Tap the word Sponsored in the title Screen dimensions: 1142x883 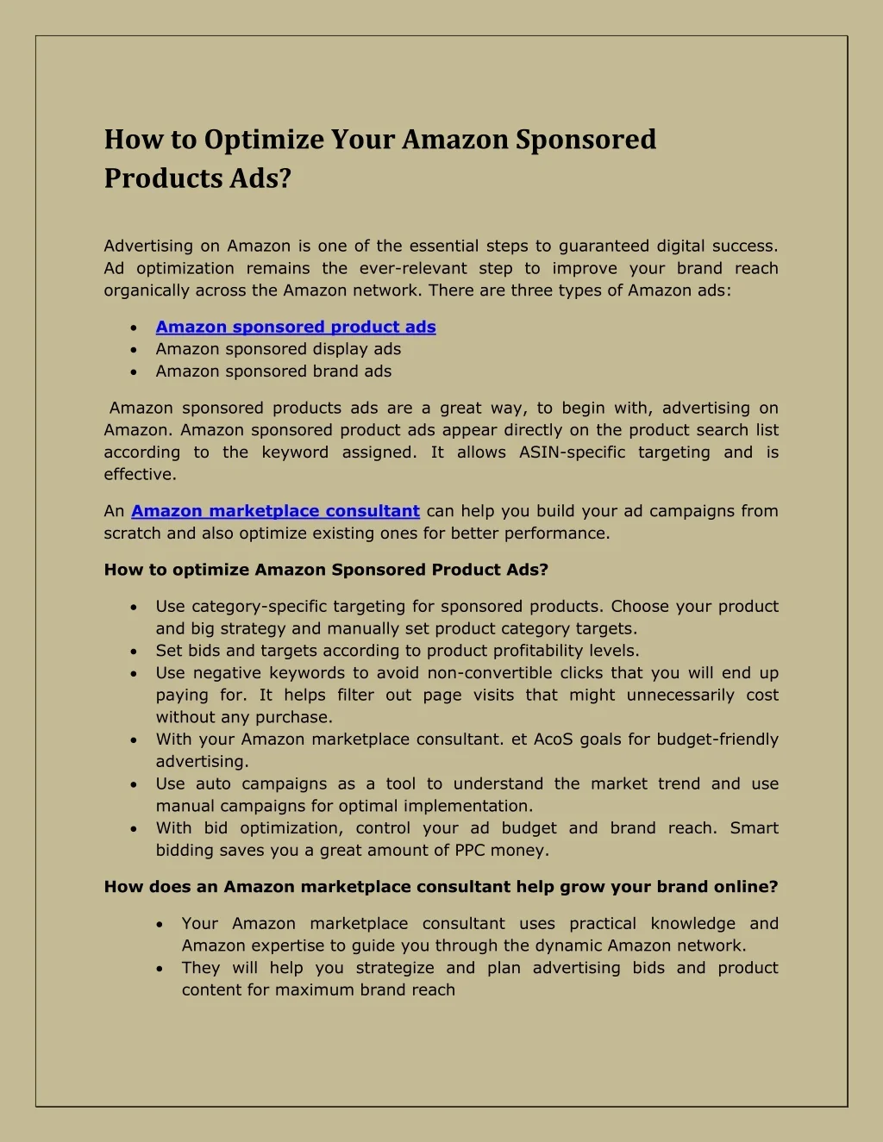[x=586, y=140]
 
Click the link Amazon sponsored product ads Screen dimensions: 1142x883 [x=296, y=327]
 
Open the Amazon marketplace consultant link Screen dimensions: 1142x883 [x=275, y=511]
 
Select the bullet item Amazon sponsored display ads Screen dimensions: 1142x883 [x=279, y=349]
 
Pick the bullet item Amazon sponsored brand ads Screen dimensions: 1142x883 [x=273, y=371]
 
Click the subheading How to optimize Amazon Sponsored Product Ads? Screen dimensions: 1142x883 [x=326, y=570]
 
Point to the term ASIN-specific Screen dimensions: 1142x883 [x=572, y=452]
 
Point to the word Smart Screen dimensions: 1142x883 [x=754, y=828]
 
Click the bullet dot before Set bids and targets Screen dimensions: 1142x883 [x=134, y=652]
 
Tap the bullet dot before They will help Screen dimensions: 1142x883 [x=160, y=969]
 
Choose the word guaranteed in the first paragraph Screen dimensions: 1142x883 [x=604, y=246]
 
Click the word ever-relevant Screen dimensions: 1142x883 [x=413, y=269]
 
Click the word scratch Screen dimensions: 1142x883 [x=133, y=534]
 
